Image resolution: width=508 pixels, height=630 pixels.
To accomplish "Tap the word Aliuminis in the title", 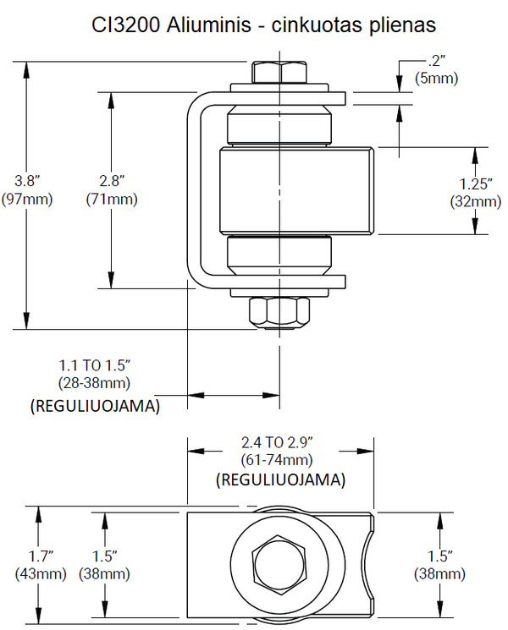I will [206, 26].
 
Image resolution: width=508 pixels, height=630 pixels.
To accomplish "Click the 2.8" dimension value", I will [112, 181].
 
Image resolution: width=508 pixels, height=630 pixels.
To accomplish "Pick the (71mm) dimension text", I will [112, 200].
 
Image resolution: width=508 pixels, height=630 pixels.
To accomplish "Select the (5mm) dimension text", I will [436, 79].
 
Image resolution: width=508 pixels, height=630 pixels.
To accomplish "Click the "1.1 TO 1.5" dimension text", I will [94, 365].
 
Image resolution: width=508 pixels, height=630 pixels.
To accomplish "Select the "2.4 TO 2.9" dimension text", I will [279, 442].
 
